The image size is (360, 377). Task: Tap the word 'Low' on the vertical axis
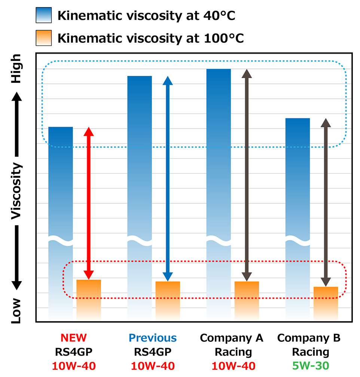coord(16,310)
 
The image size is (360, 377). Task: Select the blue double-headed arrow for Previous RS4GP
coord(168,178)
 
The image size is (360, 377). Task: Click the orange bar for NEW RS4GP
coord(89,300)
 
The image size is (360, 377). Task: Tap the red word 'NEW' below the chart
coord(73,338)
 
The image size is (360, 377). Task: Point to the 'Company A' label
coord(232,338)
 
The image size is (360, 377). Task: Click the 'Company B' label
coord(309,338)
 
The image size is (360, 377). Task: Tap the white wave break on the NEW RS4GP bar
coord(61,241)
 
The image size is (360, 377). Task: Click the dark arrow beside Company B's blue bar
coord(326,202)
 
